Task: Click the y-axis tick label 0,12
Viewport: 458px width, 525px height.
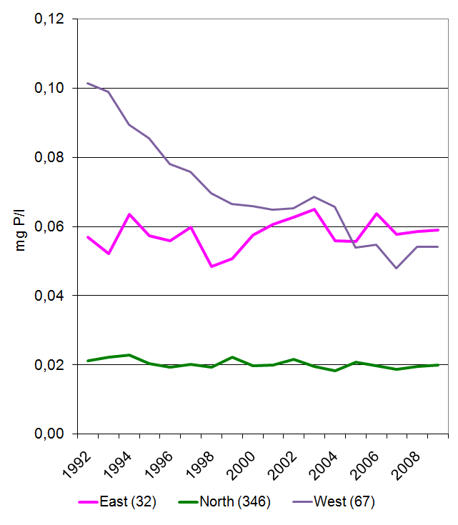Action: pyautogui.click(x=49, y=19)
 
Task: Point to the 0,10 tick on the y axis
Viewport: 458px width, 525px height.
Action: pyautogui.click(x=49, y=89)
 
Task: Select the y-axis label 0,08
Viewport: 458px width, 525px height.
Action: pyautogui.click(x=49, y=157)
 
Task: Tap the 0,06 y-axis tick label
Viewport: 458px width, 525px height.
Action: pyautogui.click(x=49, y=226)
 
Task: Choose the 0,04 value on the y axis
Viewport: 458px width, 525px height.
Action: pyautogui.click(x=49, y=296)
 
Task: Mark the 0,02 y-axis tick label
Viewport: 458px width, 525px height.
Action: pyautogui.click(x=49, y=365)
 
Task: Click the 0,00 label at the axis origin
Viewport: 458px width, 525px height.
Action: pyautogui.click(x=49, y=434)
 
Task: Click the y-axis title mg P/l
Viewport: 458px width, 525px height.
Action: pyautogui.click(x=21, y=226)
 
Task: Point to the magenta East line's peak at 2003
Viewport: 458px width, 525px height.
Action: pyautogui.click(x=314, y=209)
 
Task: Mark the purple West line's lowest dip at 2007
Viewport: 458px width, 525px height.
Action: pyautogui.click(x=397, y=268)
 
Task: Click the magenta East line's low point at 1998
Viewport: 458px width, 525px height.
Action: pyautogui.click(x=211, y=266)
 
